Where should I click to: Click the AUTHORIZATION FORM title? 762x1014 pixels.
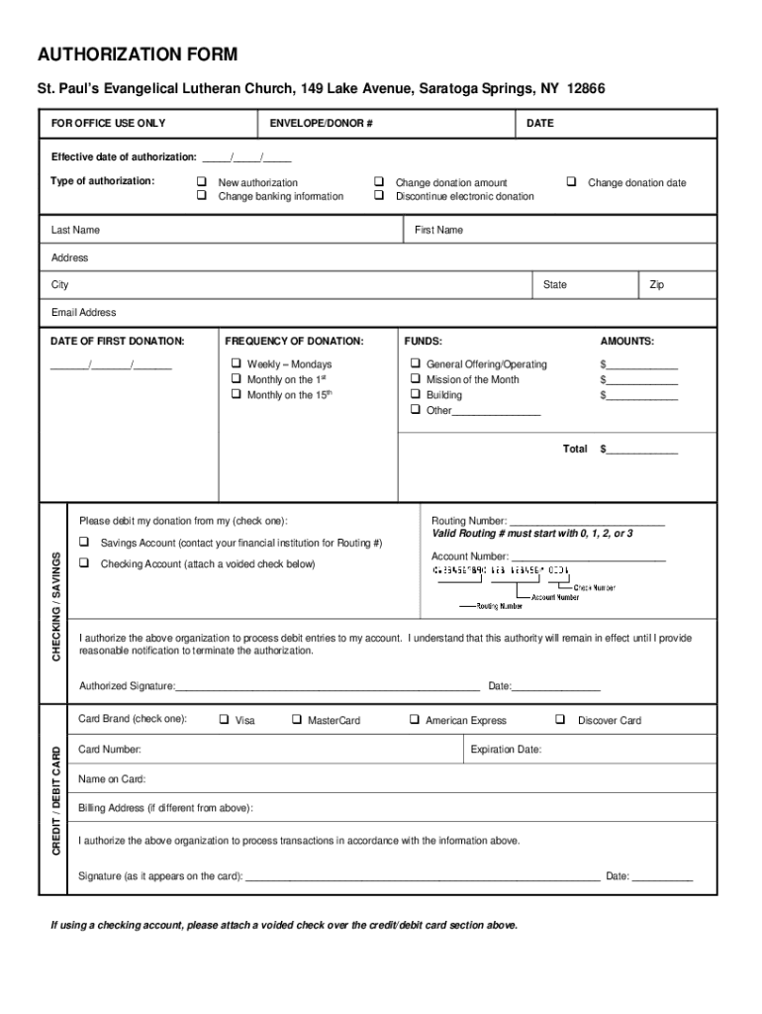point(137,54)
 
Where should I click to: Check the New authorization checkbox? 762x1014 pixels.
point(201,182)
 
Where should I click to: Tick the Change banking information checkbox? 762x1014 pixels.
point(201,196)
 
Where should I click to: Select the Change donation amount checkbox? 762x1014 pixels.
point(379,182)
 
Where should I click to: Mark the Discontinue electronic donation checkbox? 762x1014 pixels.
point(379,196)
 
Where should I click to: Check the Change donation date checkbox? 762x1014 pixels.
point(571,182)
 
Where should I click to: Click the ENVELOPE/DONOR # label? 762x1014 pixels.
point(321,124)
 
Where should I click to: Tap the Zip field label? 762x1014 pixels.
point(656,285)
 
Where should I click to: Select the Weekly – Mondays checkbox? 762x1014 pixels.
point(237,364)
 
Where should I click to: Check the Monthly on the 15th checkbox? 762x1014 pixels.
point(237,394)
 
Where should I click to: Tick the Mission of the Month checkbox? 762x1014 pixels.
point(416,379)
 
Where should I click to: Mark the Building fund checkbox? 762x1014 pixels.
point(416,394)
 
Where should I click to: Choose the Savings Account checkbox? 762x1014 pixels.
point(84,543)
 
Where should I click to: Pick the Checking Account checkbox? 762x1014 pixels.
point(84,563)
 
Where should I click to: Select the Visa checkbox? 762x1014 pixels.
point(224,720)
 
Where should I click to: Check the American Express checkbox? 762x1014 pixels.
point(415,720)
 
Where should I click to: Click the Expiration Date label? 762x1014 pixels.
point(506,750)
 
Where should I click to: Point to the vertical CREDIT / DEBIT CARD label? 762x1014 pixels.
point(56,803)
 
